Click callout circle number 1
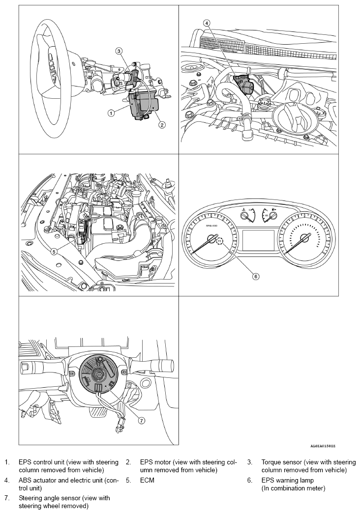point(111,113)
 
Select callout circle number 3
point(119,51)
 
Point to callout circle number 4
point(207,23)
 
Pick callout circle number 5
point(54,252)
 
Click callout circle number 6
point(256,276)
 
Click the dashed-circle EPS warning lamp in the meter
point(219,241)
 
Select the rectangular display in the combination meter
point(258,241)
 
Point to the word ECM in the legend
point(147,480)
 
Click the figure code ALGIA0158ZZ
point(323,446)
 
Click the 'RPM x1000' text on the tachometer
point(211,226)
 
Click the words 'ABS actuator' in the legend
point(38,480)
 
